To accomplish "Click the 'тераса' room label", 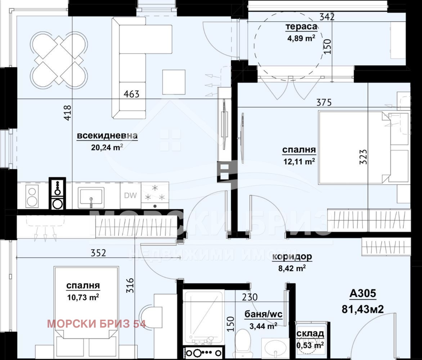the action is point(301,27).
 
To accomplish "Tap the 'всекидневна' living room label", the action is point(107,136).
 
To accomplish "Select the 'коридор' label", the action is point(292,257).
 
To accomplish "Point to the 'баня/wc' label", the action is point(263,314).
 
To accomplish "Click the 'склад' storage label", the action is point(310,334).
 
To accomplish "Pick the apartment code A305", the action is point(363,293).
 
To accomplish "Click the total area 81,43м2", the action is point(363,309).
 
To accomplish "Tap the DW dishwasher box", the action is point(131,195).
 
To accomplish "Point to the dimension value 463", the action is point(131,94).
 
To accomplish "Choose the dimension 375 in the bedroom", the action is point(324,103).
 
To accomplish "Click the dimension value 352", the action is point(98,253).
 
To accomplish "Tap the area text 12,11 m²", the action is point(299,161).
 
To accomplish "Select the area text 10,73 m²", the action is point(83,297).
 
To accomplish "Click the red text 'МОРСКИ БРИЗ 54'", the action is point(96,324).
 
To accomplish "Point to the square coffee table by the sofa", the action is point(174,82).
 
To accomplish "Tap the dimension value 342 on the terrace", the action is point(327,17).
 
